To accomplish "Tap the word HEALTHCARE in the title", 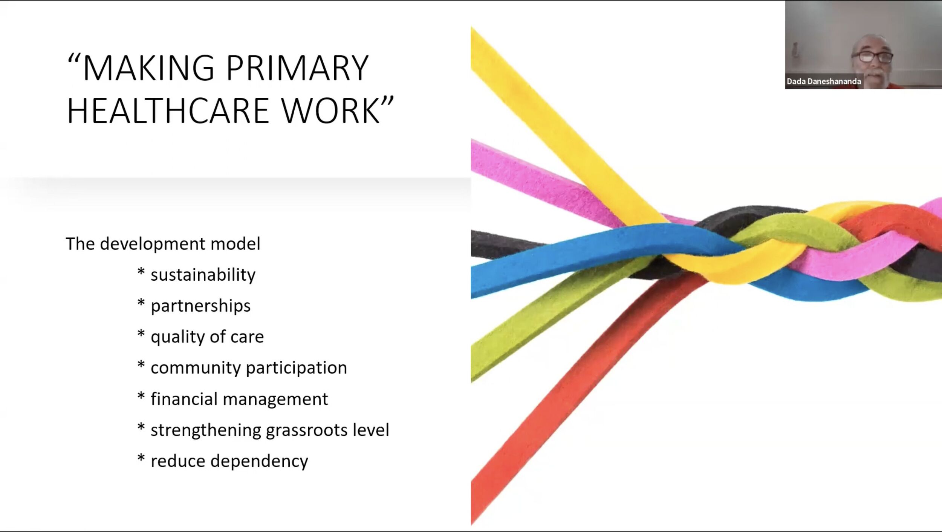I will click(x=168, y=111).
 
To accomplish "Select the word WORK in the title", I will click(x=330, y=111).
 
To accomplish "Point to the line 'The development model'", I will click(x=163, y=244).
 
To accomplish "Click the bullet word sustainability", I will click(x=203, y=275).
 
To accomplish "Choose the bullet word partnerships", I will click(x=200, y=306).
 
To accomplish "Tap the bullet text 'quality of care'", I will click(x=207, y=337).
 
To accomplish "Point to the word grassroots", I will click(x=307, y=430).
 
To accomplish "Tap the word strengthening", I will click(x=206, y=430).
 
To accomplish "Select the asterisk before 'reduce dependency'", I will click(x=141, y=458).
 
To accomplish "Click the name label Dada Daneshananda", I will click(x=824, y=81).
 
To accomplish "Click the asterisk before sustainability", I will click(x=141, y=272).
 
